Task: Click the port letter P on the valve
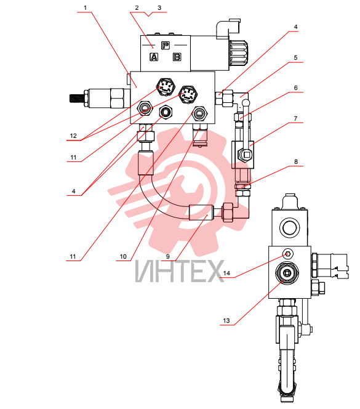coord(166,46)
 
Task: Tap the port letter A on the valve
coord(154,57)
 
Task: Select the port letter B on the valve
coord(177,57)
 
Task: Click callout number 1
coord(85,8)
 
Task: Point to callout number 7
coord(295,118)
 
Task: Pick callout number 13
coord(226,320)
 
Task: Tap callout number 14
coord(226,273)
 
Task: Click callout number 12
coord(73,136)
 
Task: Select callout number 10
coord(123,256)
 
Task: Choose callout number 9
coord(168,256)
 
